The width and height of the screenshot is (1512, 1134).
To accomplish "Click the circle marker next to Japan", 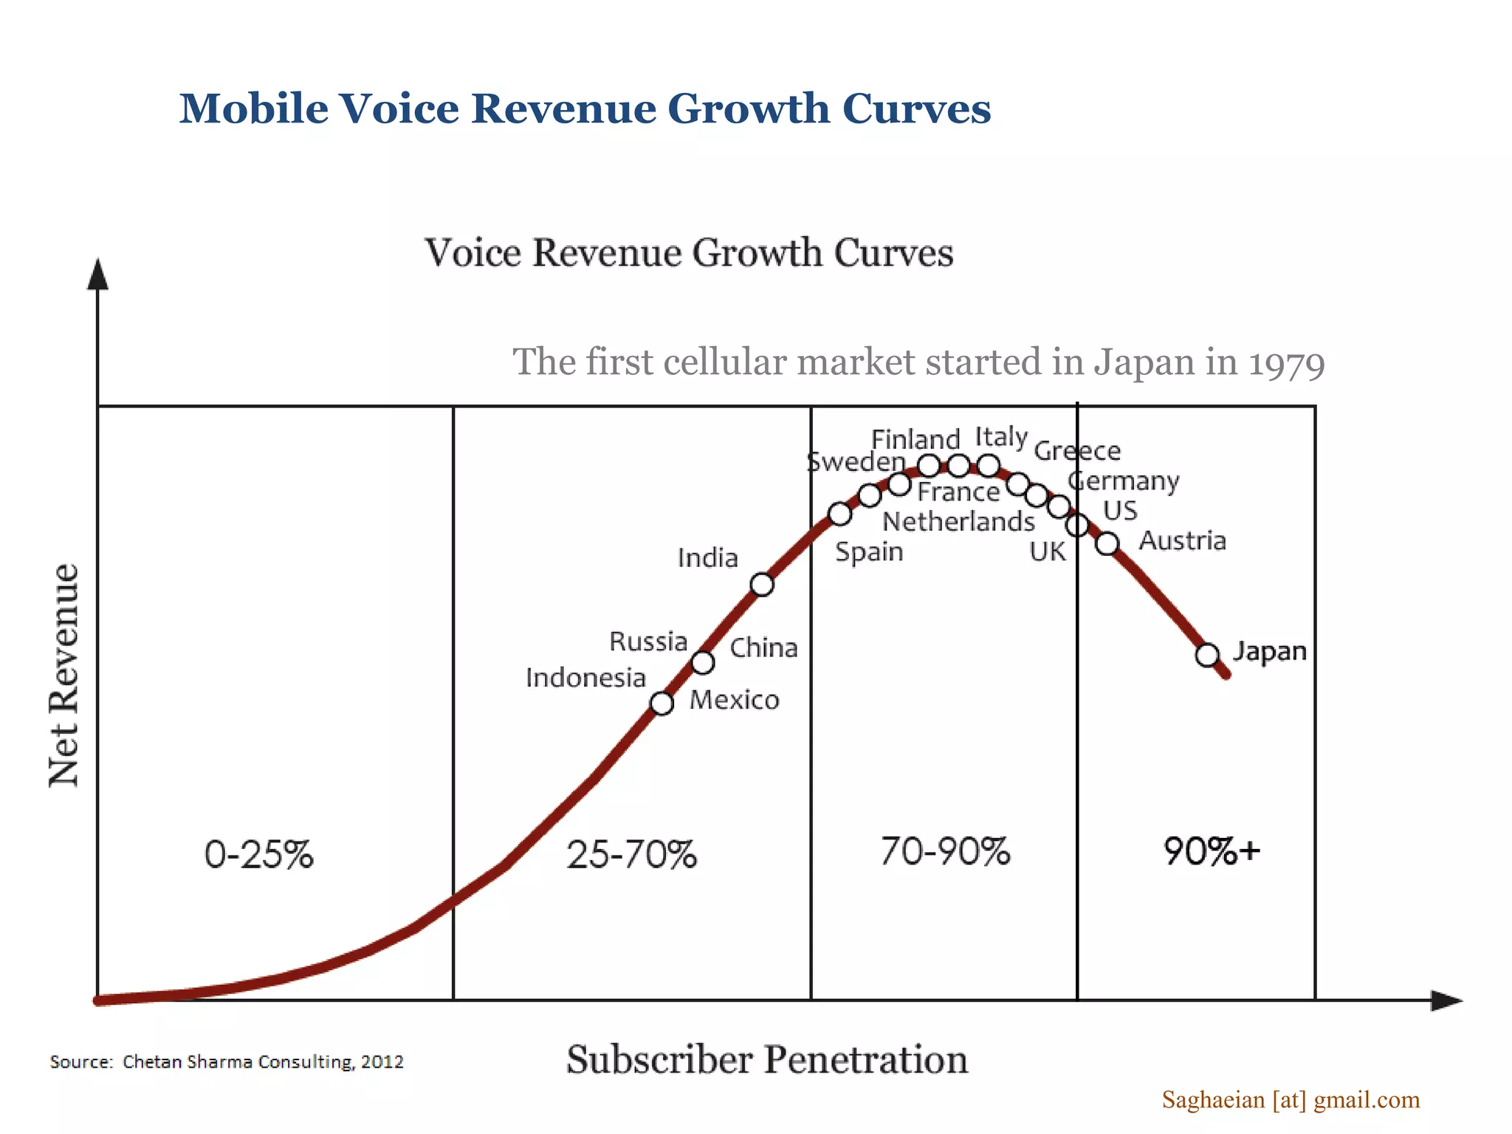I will click(x=1207, y=655).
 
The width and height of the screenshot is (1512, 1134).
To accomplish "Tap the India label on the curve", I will click(x=707, y=558).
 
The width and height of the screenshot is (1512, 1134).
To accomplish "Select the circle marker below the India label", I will click(x=762, y=585).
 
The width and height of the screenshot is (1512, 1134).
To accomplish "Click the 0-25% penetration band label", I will click(x=258, y=855).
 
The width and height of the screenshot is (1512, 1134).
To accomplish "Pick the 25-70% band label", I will click(x=631, y=855).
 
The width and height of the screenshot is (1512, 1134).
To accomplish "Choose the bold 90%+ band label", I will click(x=1212, y=851).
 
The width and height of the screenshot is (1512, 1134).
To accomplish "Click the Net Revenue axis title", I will click(x=64, y=676).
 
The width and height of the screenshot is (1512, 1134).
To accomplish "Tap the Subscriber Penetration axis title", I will click(x=767, y=1060).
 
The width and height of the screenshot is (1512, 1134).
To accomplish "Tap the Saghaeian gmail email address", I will click(x=1291, y=1100).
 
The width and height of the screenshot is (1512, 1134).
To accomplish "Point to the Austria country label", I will click(x=1182, y=540).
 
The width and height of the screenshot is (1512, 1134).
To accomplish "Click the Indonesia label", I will click(x=585, y=678).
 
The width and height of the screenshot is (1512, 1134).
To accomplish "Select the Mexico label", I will click(x=734, y=700).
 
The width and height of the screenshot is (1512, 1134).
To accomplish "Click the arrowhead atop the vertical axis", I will click(x=97, y=274).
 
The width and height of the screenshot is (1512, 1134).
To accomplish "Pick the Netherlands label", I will click(x=958, y=522).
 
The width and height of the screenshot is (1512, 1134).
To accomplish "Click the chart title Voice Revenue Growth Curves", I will click(x=689, y=253).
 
